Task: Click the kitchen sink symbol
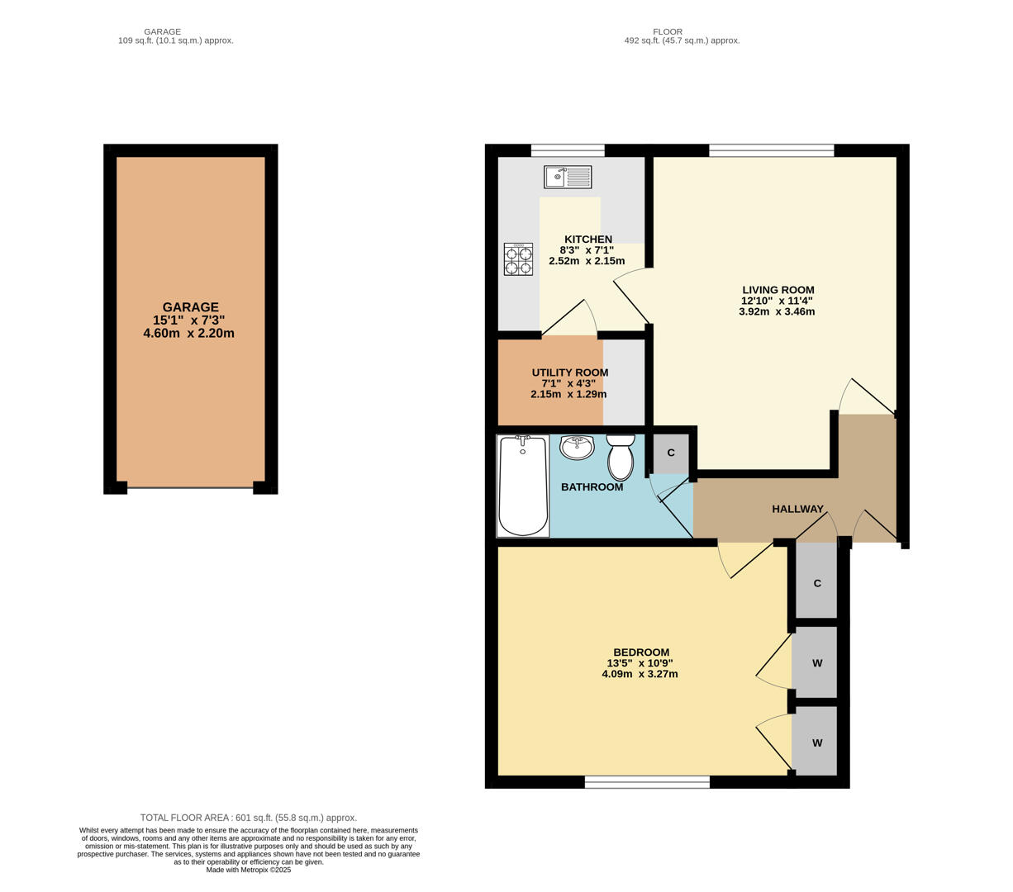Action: (568, 177)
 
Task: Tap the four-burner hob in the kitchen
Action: (518, 259)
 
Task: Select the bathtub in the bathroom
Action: (522, 486)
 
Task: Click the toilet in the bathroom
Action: (621, 458)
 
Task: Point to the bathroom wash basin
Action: (577, 447)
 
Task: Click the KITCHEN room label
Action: (587, 240)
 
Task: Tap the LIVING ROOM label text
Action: (778, 290)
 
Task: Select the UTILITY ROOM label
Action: (569, 372)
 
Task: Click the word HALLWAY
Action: (797, 509)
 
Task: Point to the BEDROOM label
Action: (641, 652)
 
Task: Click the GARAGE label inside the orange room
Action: (190, 307)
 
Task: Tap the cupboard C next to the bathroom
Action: (671, 453)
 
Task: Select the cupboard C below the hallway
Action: (816, 583)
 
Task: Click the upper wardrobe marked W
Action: (816, 663)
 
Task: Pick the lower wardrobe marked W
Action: (816, 743)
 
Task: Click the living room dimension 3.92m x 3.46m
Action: (777, 311)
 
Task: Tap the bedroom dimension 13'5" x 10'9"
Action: (640, 663)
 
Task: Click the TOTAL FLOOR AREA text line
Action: (249, 818)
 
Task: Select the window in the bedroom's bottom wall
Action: (647, 781)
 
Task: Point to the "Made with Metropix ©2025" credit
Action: (249, 870)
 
